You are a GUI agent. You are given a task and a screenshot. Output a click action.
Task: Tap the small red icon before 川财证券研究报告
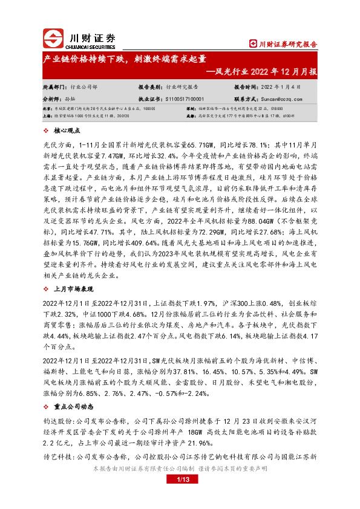(254, 44)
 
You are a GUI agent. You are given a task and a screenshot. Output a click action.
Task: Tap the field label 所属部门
(54, 86)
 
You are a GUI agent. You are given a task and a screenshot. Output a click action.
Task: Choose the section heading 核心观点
(67, 130)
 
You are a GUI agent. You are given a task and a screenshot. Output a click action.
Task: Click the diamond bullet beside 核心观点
(48, 130)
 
